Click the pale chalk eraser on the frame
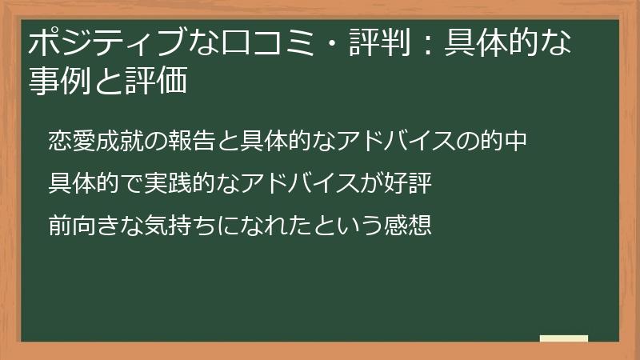[x=564, y=339]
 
